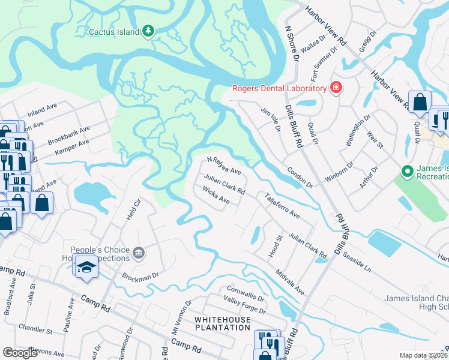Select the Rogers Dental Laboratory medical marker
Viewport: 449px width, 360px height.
tap(336, 89)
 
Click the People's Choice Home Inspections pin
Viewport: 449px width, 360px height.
tap(139, 254)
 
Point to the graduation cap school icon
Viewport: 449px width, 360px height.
tap(86, 266)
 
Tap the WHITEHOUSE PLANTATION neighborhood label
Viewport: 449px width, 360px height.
tap(222, 323)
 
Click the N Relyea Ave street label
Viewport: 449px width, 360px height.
tap(224, 166)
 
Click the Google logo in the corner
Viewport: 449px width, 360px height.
tap(20, 352)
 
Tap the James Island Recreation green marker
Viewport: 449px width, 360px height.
tap(408, 172)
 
